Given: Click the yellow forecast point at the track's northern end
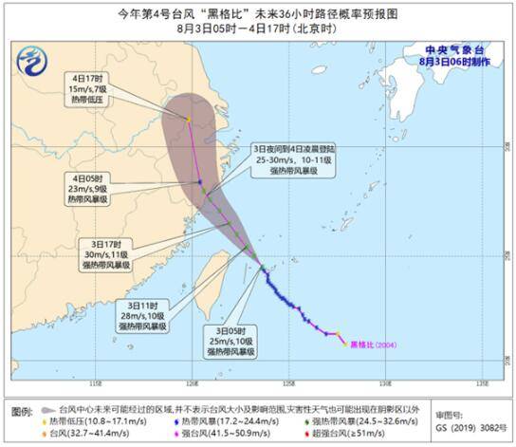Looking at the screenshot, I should coord(188,119).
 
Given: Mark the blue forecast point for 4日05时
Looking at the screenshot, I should coord(199,182).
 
